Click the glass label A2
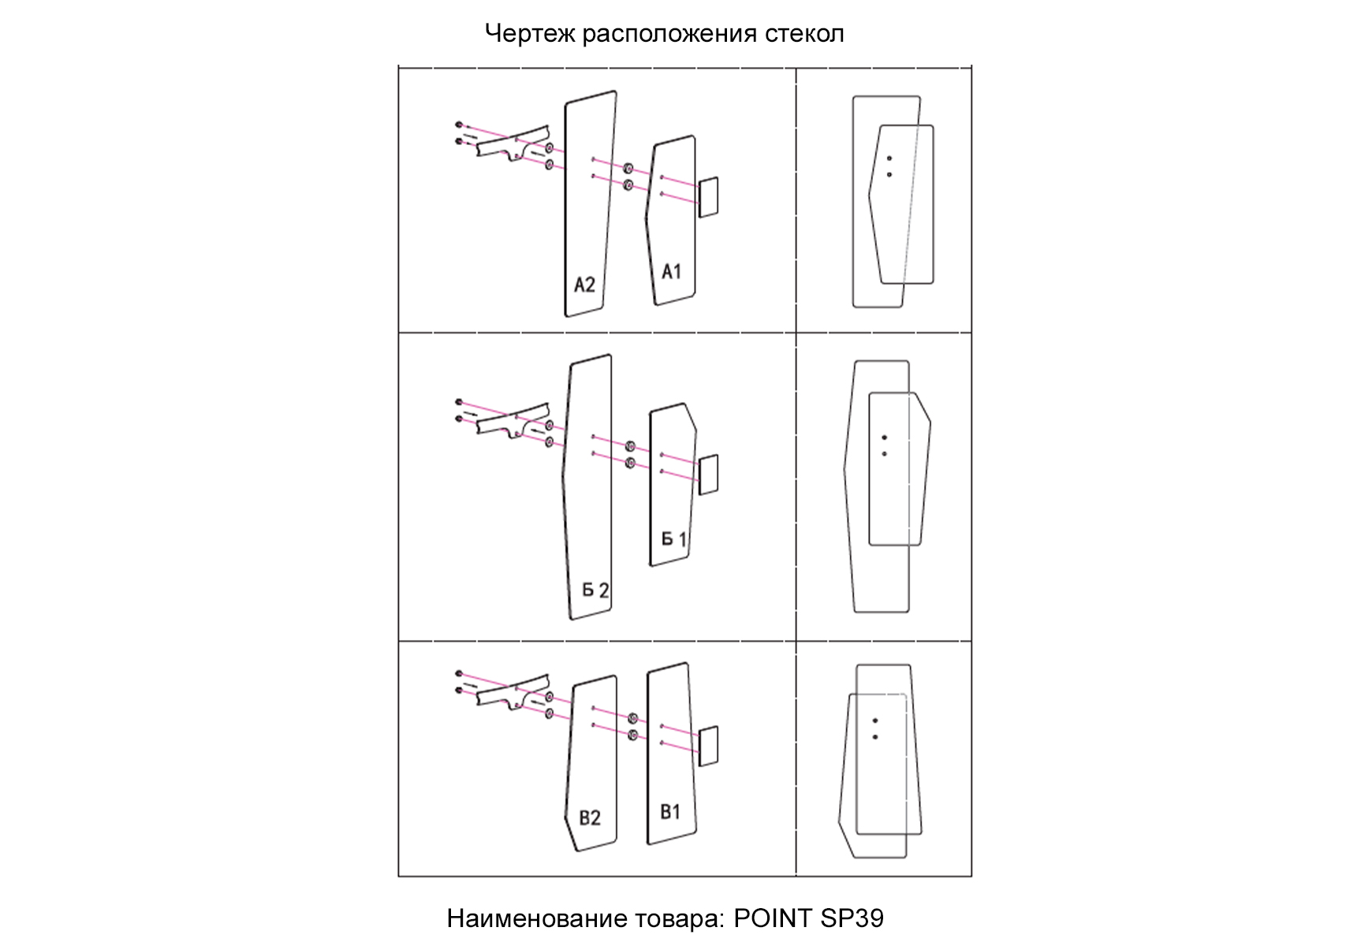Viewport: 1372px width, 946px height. coord(584,285)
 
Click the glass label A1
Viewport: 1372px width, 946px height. coord(671,272)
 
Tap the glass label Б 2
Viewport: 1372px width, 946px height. coord(595,590)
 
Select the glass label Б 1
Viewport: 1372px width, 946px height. coord(673,539)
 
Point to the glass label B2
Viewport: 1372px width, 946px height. coord(590,818)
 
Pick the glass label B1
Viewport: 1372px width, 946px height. coord(670,812)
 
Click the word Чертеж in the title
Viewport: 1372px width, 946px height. coord(529,34)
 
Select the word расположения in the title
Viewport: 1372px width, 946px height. coord(669,34)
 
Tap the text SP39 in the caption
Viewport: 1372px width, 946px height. coord(852,918)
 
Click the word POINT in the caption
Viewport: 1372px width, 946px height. coord(773,918)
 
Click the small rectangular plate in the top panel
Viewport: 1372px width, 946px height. coord(709,197)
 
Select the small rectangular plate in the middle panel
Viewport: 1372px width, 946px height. coord(709,475)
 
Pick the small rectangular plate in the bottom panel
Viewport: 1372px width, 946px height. coord(709,746)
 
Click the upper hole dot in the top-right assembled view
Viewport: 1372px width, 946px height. coord(889,158)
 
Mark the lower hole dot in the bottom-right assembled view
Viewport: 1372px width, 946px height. coord(875,737)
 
